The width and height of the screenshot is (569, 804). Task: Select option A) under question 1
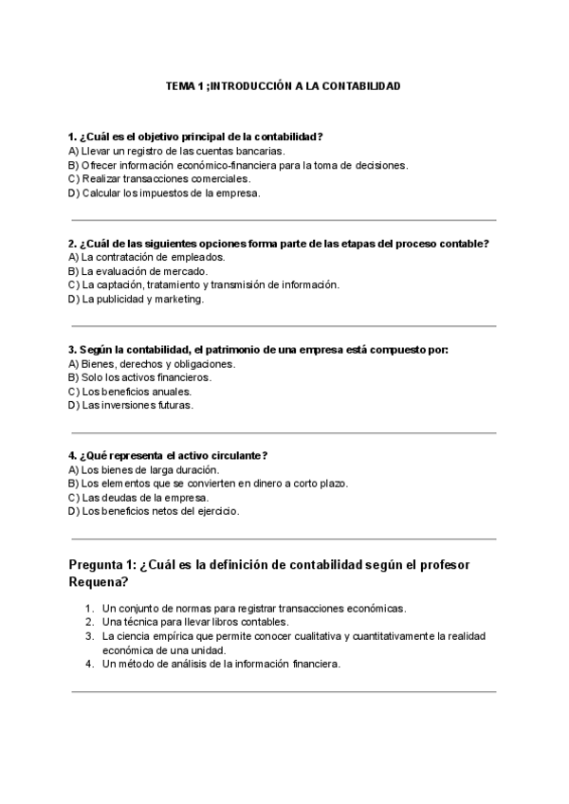coord(74,150)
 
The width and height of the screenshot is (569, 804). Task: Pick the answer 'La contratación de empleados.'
coord(152,257)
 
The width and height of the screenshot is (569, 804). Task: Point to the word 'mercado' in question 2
coord(187,271)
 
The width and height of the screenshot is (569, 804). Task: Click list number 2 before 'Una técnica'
coord(88,622)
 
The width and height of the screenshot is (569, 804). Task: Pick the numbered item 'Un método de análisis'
coord(220,664)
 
